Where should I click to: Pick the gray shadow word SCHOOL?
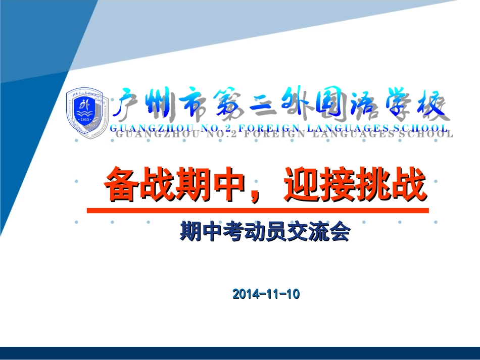point(426,134)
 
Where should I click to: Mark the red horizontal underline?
point(258,210)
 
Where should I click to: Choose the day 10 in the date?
point(293,294)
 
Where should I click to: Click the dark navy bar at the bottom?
point(240,353)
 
